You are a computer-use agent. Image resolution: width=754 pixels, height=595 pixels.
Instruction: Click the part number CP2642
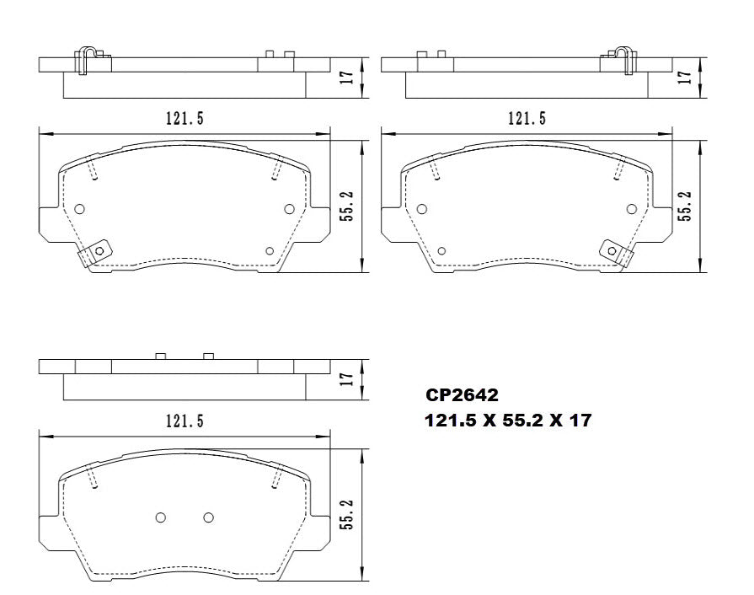coord(461,394)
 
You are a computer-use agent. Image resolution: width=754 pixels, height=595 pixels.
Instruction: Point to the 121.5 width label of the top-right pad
coord(527,119)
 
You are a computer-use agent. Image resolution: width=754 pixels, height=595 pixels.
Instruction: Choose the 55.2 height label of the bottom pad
coord(345,513)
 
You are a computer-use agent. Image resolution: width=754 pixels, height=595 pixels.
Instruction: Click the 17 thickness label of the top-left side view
coord(345,77)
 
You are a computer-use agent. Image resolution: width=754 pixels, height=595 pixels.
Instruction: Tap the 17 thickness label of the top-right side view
coord(686,77)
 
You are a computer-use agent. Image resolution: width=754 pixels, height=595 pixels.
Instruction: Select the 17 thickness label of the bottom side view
coord(345,379)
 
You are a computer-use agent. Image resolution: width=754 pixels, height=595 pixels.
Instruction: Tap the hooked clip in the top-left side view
coord(88,59)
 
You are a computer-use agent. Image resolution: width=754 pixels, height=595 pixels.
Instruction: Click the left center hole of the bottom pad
coord(162,517)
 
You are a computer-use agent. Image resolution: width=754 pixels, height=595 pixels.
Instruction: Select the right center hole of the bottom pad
coord(209,517)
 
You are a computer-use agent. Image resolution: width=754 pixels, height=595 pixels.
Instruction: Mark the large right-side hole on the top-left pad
coord(289,209)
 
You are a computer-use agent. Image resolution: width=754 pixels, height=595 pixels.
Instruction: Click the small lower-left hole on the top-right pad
coord(441,250)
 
